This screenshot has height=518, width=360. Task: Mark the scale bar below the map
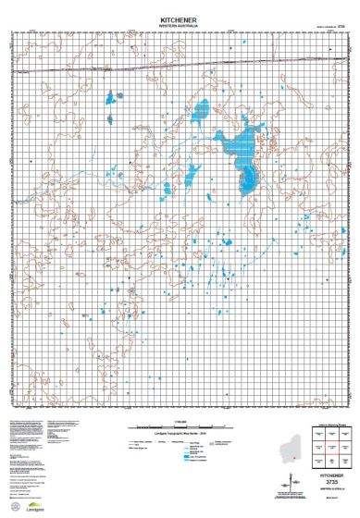click(180, 426)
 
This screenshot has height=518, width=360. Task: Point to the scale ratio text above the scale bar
click(180, 421)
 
